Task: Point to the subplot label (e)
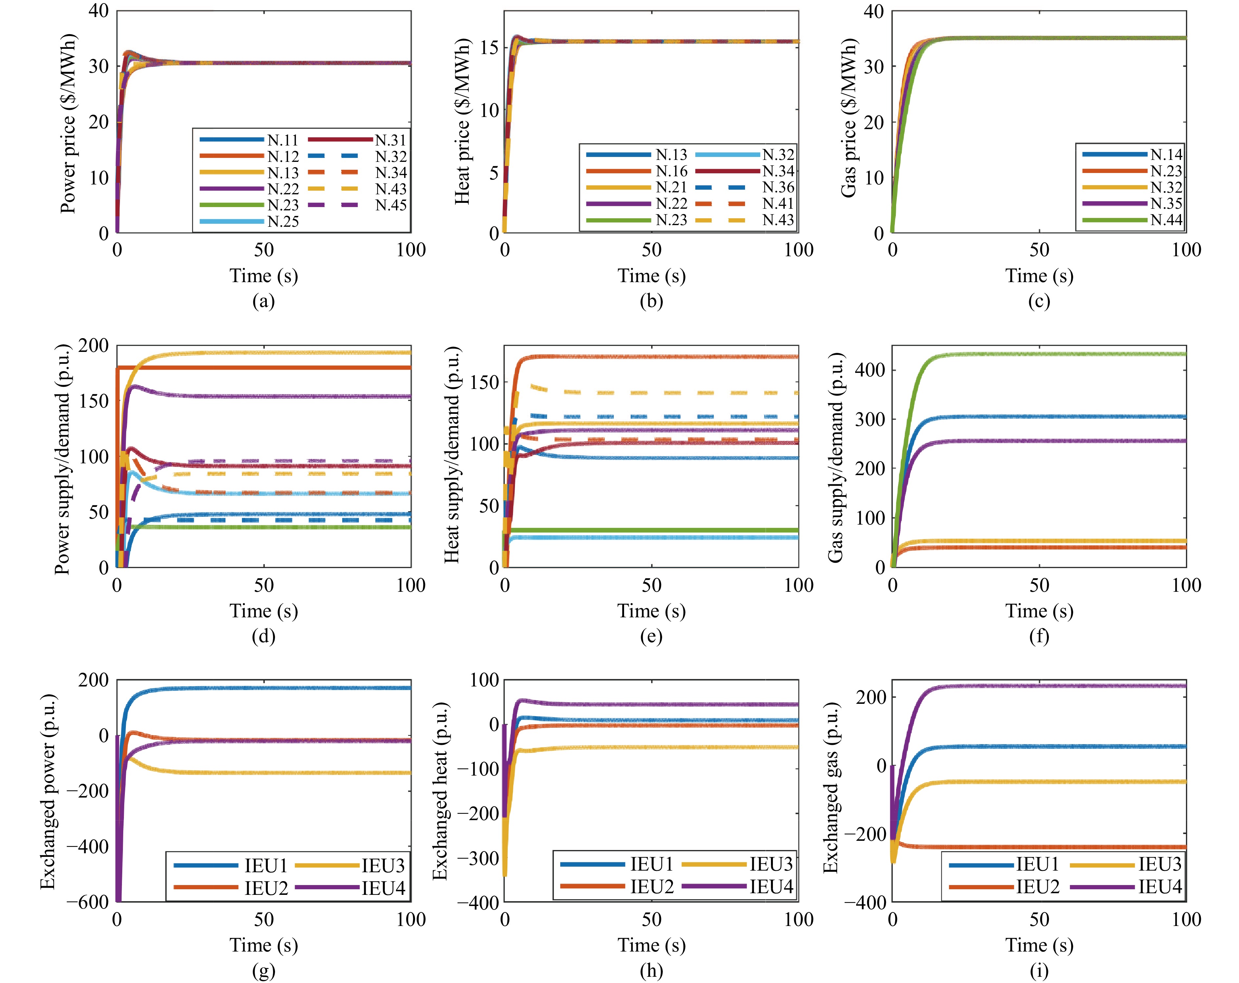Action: [651, 636]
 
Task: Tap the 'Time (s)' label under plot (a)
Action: [264, 276]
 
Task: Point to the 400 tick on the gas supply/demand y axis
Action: [870, 369]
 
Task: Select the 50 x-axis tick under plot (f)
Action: [1039, 586]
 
